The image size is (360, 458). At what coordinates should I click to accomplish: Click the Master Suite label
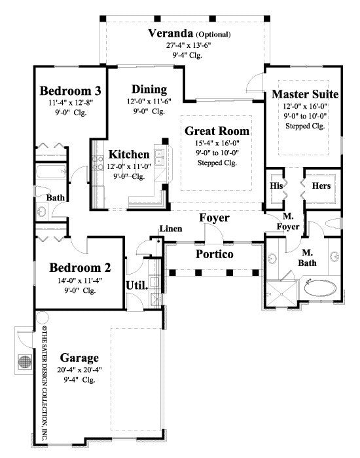click(304, 94)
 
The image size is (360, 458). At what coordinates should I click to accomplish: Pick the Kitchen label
click(129, 155)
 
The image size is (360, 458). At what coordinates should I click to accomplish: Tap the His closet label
click(276, 186)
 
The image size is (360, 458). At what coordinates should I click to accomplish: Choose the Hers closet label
click(321, 186)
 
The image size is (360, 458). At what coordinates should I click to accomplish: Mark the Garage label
click(80, 358)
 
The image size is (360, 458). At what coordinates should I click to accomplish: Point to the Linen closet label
click(171, 229)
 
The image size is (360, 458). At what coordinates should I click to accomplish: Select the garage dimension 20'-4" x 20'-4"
click(80, 370)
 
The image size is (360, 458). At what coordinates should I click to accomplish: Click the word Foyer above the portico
click(214, 218)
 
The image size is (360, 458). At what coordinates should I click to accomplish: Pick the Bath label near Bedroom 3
click(55, 197)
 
